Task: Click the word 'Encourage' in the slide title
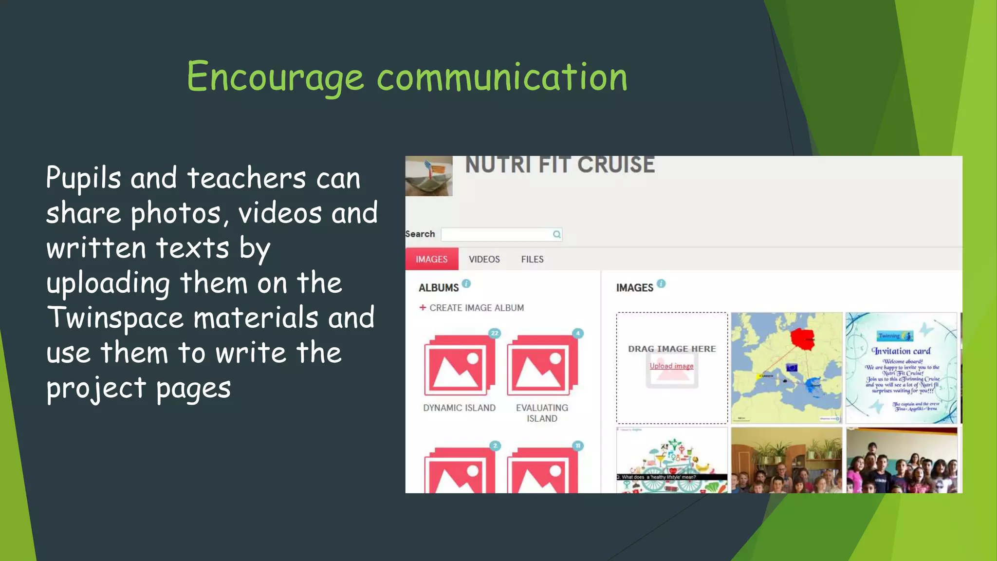coord(275,77)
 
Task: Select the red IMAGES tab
coord(431,259)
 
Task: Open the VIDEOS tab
coord(484,259)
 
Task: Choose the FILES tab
coord(532,259)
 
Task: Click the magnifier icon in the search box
coord(556,234)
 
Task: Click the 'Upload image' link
coord(671,366)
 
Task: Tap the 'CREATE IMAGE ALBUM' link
coord(476,308)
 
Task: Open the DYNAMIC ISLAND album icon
coord(459,365)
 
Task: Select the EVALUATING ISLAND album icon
coord(541,365)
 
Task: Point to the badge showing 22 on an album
coord(495,333)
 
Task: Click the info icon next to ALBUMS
coord(466,283)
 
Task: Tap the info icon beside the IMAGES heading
coord(661,283)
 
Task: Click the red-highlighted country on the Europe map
coord(802,338)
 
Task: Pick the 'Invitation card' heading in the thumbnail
coord(901,351)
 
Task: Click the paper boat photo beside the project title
coord(429,176)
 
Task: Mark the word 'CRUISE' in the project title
coord(616,165)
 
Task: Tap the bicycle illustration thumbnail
coord(672,460)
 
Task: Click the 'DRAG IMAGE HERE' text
coord(672,349)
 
